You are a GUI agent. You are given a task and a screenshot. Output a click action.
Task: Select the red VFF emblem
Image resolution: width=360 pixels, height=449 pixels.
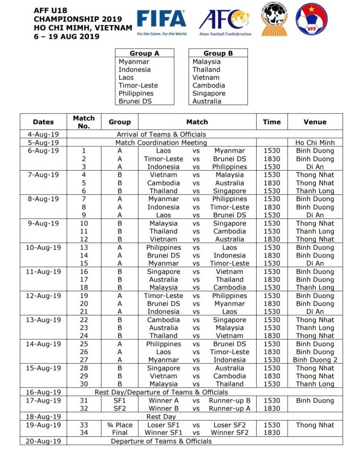coord(312,19)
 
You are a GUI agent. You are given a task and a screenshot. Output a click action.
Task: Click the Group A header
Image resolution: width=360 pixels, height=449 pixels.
coord(144,53)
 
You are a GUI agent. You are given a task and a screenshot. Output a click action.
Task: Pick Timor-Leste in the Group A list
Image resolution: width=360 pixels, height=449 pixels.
coord(138,85)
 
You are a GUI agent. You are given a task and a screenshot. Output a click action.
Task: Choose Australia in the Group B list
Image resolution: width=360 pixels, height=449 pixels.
coord(207,101)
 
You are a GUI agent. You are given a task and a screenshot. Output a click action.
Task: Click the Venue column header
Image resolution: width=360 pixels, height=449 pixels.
coord(315,122)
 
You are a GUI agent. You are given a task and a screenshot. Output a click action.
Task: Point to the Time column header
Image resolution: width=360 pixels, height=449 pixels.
coord(272,122)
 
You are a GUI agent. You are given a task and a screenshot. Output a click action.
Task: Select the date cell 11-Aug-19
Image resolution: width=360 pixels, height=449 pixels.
coord(43,271)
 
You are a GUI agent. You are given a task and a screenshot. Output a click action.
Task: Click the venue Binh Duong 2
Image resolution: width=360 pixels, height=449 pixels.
coord(315,360)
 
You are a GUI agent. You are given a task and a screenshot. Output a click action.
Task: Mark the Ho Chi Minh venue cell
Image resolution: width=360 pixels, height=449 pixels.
coord(315,143)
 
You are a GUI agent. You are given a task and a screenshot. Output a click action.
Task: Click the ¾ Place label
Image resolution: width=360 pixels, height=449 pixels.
coord(120,425)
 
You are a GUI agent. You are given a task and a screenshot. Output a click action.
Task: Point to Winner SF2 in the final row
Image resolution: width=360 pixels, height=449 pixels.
coord(229,432)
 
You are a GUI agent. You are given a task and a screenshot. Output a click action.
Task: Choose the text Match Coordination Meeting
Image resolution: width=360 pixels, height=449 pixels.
coord(161,143)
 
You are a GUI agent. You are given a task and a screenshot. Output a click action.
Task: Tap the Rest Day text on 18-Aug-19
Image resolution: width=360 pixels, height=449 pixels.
coord(161,417)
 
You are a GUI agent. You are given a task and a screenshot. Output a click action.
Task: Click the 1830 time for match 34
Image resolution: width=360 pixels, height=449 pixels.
coord(272,432)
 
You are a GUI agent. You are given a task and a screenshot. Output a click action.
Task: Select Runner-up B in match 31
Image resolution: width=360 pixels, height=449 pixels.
coord(229,400)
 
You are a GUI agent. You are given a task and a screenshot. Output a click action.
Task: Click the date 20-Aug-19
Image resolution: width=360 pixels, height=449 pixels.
coord(43,441)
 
